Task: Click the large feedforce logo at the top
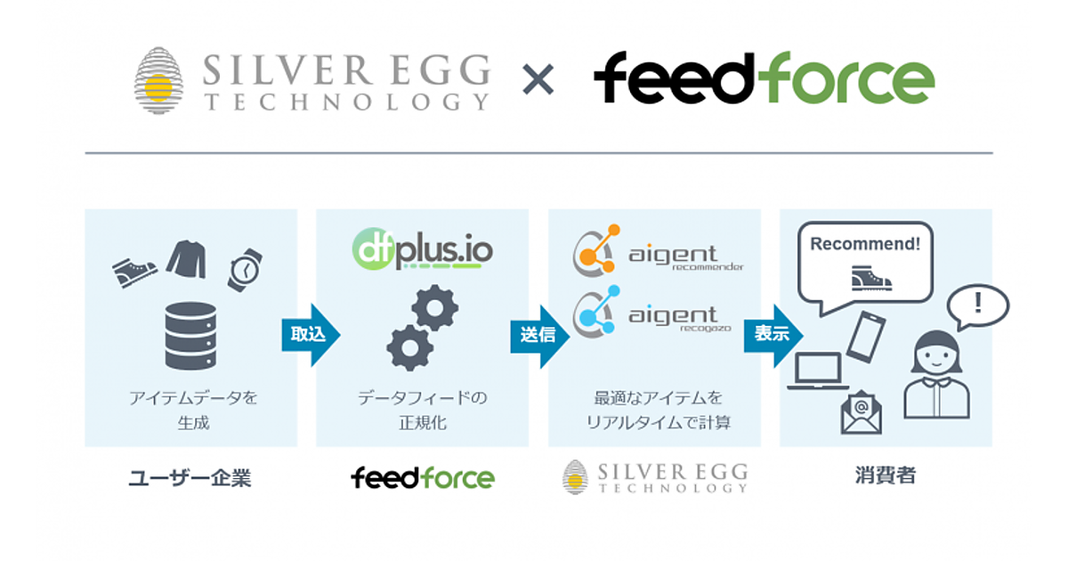click(x=764, y=78)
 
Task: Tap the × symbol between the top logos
click(x=537, y=80)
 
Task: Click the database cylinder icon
click(x=190, y=335)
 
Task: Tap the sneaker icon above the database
click(x=134, y=269)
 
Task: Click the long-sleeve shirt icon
click(x=187, y=259)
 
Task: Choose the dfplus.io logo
click(x=422, y=251)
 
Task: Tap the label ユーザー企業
click(x=190, y=477)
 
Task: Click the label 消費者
click(x=885, y=476)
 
